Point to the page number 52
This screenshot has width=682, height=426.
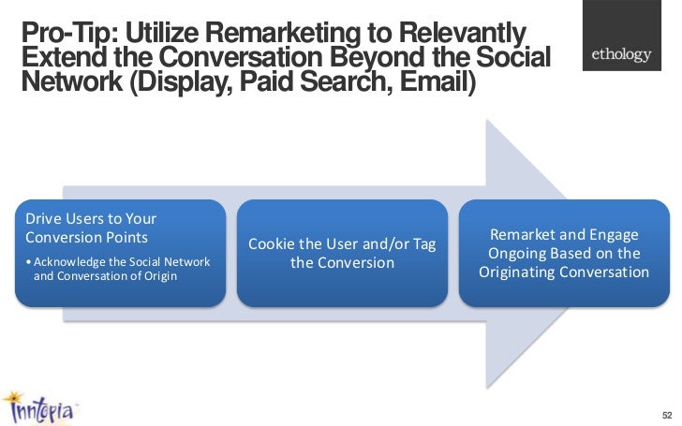pyautogui.click(x=666, y=414)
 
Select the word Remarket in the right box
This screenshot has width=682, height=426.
pyautogui.click(x=531, y=235)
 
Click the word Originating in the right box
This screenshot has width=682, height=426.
pyautogui.click(x=524, y=272)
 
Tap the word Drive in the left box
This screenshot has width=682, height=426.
pyautogui.click(x=43, y=218)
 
